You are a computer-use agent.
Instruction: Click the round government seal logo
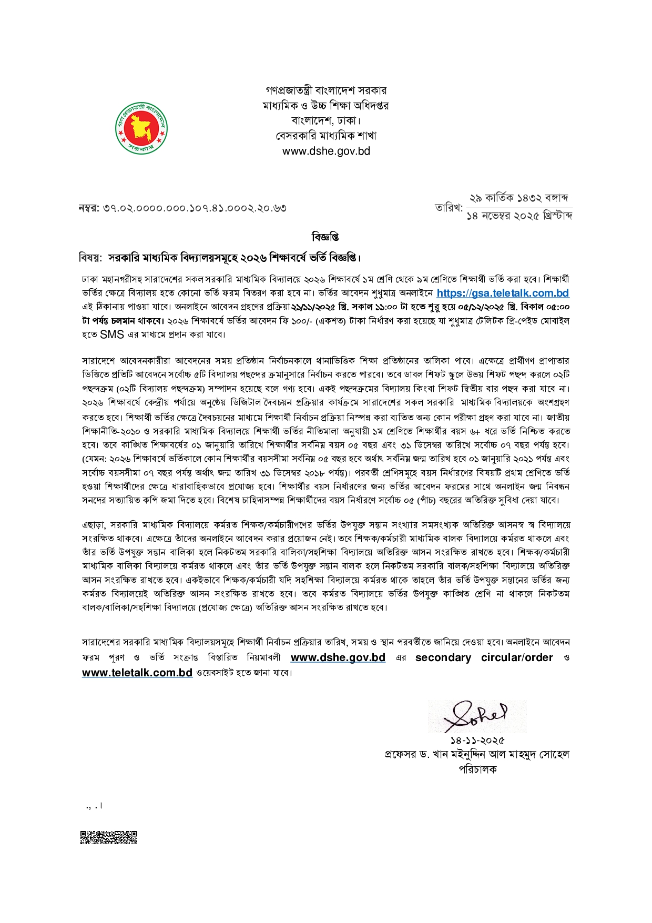click(x=141, y=128)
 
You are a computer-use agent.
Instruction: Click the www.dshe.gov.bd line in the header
click(x=326, y=151)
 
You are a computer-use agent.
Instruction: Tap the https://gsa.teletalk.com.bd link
click(x=502, y=293)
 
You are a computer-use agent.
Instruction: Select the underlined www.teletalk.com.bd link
click(x=137, y=673)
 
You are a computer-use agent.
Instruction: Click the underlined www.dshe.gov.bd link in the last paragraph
click(x=338, y=657)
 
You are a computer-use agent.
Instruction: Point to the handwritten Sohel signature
click(x=476, y=716)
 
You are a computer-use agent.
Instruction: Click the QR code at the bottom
click(x=108, y=837)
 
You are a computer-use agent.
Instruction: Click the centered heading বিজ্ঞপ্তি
click(x=325, y=237)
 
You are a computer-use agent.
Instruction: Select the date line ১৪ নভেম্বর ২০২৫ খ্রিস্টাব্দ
click(x=519, y=216)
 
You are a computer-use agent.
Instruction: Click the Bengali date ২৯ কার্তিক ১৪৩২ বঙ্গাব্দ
click(x=518, y=198)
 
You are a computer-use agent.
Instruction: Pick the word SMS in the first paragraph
click(x=112, y=334)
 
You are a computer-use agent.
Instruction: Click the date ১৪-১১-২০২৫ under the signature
click(x=477, y=741)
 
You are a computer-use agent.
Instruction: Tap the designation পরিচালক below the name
click(x=477, y=769)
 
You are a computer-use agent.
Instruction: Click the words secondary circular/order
click(x=484, y=657)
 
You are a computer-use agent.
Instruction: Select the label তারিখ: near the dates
click(x=449, y=208)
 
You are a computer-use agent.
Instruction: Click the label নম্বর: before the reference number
click(x=89, y=208)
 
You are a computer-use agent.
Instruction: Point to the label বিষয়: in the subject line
click(x=90, y=258)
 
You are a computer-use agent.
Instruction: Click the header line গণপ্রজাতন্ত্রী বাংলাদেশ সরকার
click(x=326, y=90)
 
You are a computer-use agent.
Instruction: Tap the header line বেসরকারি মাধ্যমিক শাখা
click(x=326, y=136)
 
